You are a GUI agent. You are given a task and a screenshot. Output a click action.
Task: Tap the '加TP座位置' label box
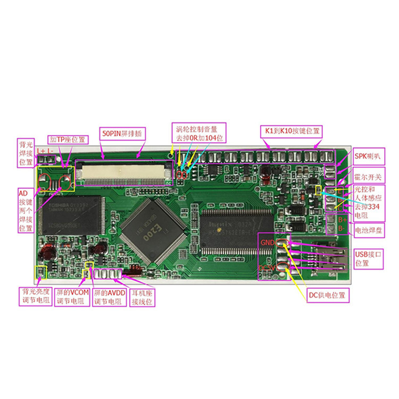(x=67, y=140)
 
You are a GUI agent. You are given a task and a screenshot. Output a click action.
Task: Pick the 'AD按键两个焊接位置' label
(x=26, y=209)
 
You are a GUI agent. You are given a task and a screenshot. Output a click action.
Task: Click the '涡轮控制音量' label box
(x=200, y=133)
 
